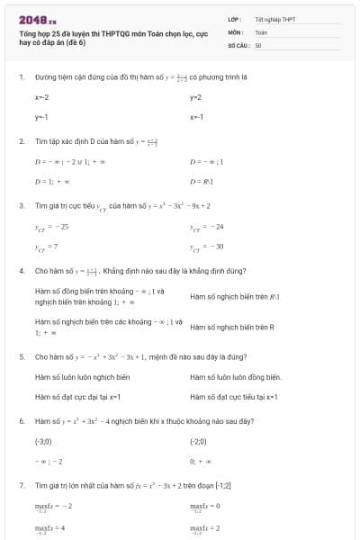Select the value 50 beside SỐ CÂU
click(x=258, y=44)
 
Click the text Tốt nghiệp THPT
click(x=274, y=19)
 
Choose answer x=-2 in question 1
click(x=42, y=97)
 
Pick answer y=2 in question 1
click(x=195, y=97)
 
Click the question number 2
click(x=22, y=141)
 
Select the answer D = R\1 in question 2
click(x=202, y=181)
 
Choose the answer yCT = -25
click(x=51, y=226)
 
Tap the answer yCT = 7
click(x=47, y=246)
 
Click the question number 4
click(x=22, y=270)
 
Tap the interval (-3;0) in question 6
click(x=43, y=442)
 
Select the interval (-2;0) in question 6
click(x=199, y=442)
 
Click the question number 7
click(x=22, y=485)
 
